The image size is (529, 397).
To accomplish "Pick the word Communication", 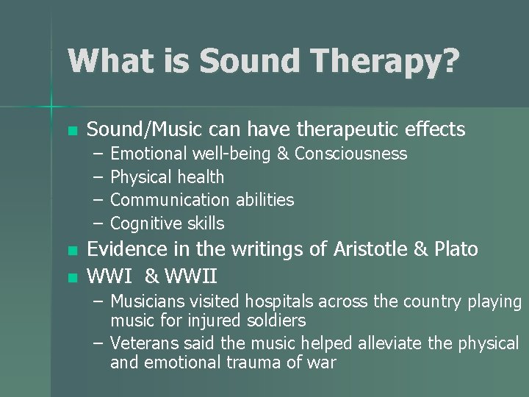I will [170, 200].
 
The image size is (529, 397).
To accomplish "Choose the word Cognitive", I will [146, 223].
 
